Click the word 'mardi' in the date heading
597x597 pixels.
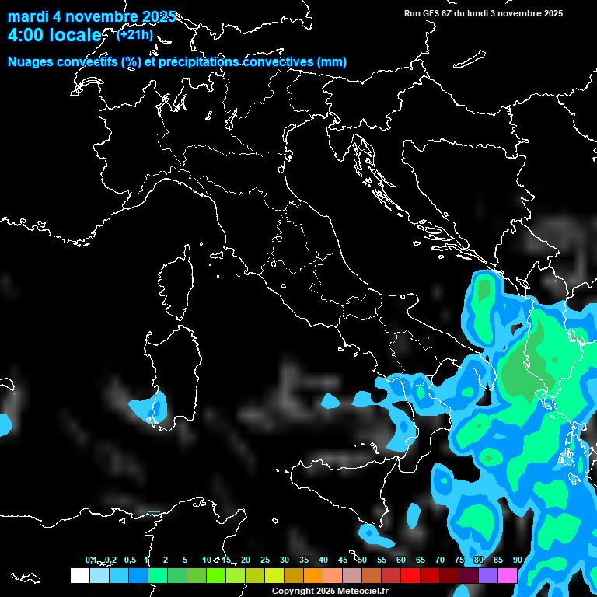pyautogui.click(x=27, y=16)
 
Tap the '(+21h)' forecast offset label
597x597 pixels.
pyautogui.click(x=134, y=34)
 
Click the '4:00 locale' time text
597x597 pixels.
pyautogui.click(x=54, y=35)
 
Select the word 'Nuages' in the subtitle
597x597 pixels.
pyautogui.click(x=31, y=62)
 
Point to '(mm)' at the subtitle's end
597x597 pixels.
pyautogui.click(x=331, y=62)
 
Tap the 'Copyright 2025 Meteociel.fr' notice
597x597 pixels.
pyautogui.click(x=330, y=592)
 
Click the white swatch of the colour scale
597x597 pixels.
pyautogui.click(x=79, y=576)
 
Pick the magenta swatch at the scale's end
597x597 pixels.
pyautogui.click(x=508, y=576)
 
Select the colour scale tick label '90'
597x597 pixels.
pyautogui.click(x=518, y=560)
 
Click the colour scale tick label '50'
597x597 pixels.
pyautogui.click(x=362, y=560)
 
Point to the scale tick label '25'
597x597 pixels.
pyautogui.click(x=265, y=560)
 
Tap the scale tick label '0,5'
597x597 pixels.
pyautogui.click(x=130, y=560)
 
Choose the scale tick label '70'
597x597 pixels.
pyautogui.click(x=440, y=560)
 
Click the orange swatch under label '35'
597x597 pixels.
pyautogui.click(x=312, y=576)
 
